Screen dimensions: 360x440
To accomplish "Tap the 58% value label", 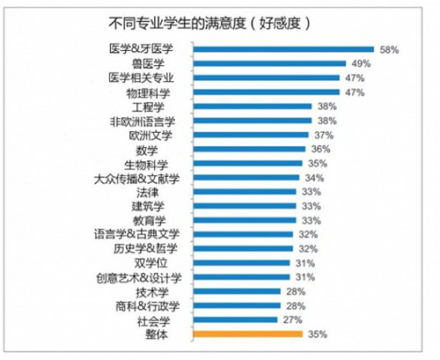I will point(390,49).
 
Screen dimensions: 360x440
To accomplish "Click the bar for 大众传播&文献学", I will point(242,178).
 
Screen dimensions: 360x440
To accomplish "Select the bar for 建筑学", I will point(240,206).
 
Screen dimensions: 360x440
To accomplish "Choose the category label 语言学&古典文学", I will point(137,235).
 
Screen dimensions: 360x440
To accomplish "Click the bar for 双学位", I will point(238,263).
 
